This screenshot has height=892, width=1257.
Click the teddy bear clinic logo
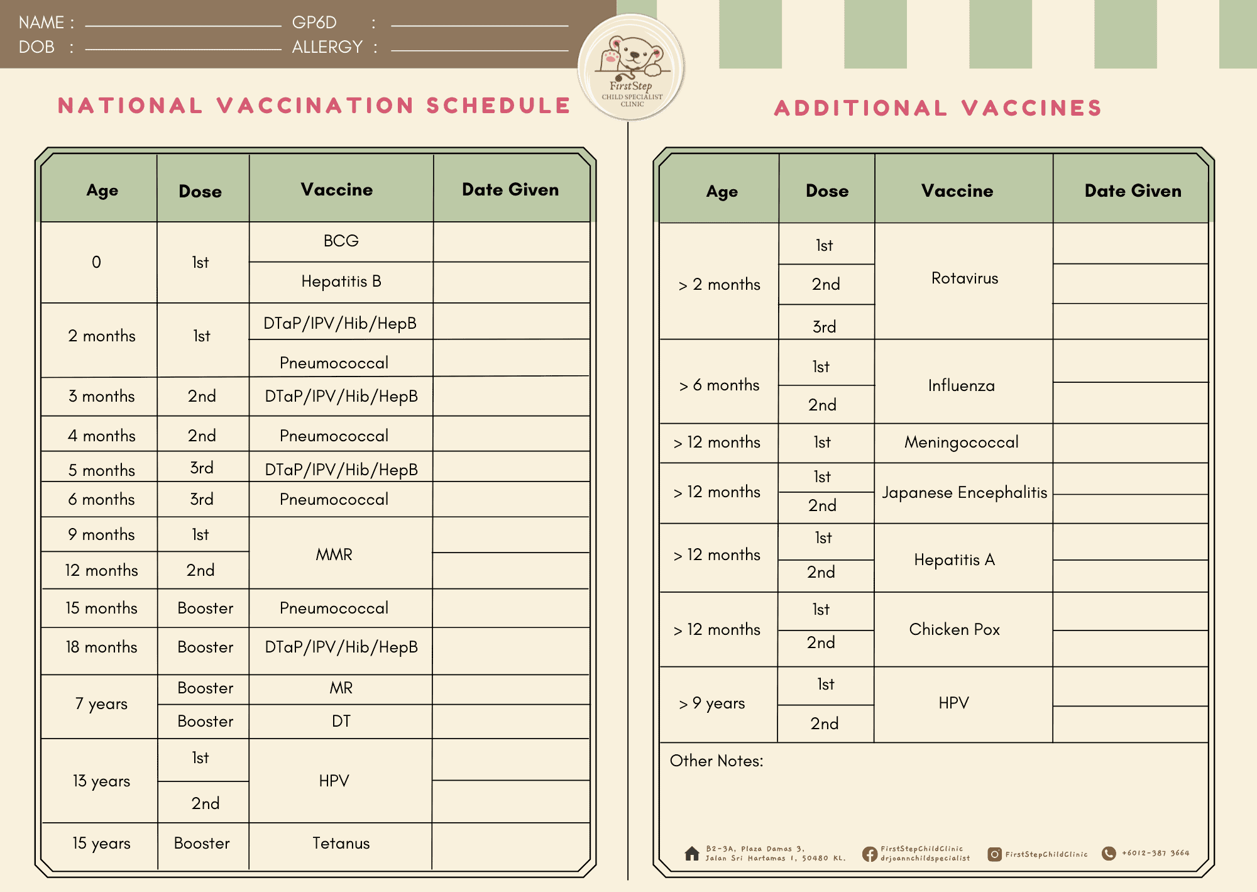pyautogui.click(x=632, y=67)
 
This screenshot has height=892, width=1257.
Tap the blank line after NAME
pyautogui.click(x=183, y=25)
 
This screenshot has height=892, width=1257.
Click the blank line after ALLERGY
pyautogui.click(x=480, y=49)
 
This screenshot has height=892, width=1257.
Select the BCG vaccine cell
pyautogui.click(x=341, y=241)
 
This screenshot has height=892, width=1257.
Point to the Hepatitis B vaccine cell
pyautogui.click(x=341, y=282)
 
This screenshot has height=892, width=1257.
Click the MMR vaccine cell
pyautogui.click(x=334, y=554)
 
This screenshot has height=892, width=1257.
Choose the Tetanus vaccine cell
pyautogui.click(x=341, y=844)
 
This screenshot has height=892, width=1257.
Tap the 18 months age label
pyautogui.click(x=101, y=647)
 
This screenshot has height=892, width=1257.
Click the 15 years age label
pyautogui.click(x=101, y=844)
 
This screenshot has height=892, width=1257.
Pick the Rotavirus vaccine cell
pyautogui.click(x=964, y=278)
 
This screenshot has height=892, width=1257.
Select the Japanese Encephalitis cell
pyautogui.click(x=964, y=493)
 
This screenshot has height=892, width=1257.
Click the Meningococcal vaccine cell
pyautogui.click(x=961, y=443)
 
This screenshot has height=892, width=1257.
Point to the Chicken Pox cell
pyautogui.click(x=954, y=630)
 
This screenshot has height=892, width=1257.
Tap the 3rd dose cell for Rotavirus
pyautogui.click(x=824, y=327)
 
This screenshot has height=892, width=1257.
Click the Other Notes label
pyautogui.click(x=716, y=761)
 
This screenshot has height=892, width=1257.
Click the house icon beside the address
pyautogui.click(x=692, y=854)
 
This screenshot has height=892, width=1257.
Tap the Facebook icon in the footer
pyautogui.click(x=870, y=854)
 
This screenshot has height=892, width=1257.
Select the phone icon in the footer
pyautogui.click(x=1109, y=853)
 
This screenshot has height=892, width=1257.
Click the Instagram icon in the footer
pyautogui.click(x=994, y=854)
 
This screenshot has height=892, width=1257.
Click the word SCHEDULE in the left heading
pyautogui.click(x=498, y=106)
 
